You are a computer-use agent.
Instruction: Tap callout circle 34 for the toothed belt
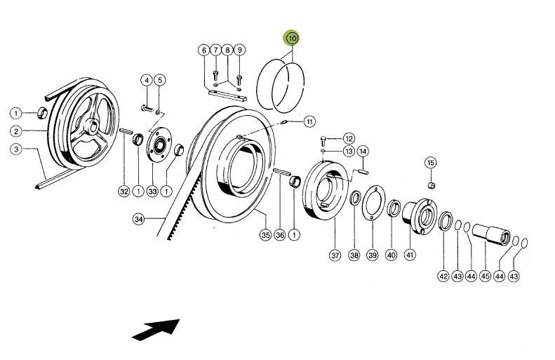[x=138, y=220]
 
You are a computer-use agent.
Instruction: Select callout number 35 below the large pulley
[x=265, y=234]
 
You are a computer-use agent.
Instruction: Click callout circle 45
[x=485, y=276]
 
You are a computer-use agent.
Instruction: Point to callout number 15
[x=430, y=163]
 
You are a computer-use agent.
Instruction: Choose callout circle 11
[x=309, y=122]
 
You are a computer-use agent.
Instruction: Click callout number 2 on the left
[x=15, y=131]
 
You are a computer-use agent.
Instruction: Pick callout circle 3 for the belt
[x=15, y=148]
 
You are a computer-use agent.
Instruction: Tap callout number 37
[x=335, y=255]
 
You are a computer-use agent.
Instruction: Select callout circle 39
[x=373, y=255]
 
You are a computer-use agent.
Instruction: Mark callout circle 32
[x=124, y=192]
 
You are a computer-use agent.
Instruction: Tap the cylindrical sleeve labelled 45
[x=490, y=234]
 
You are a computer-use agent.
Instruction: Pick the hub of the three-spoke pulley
[x=91, y=126]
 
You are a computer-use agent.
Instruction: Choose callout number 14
[x=362, y=151]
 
